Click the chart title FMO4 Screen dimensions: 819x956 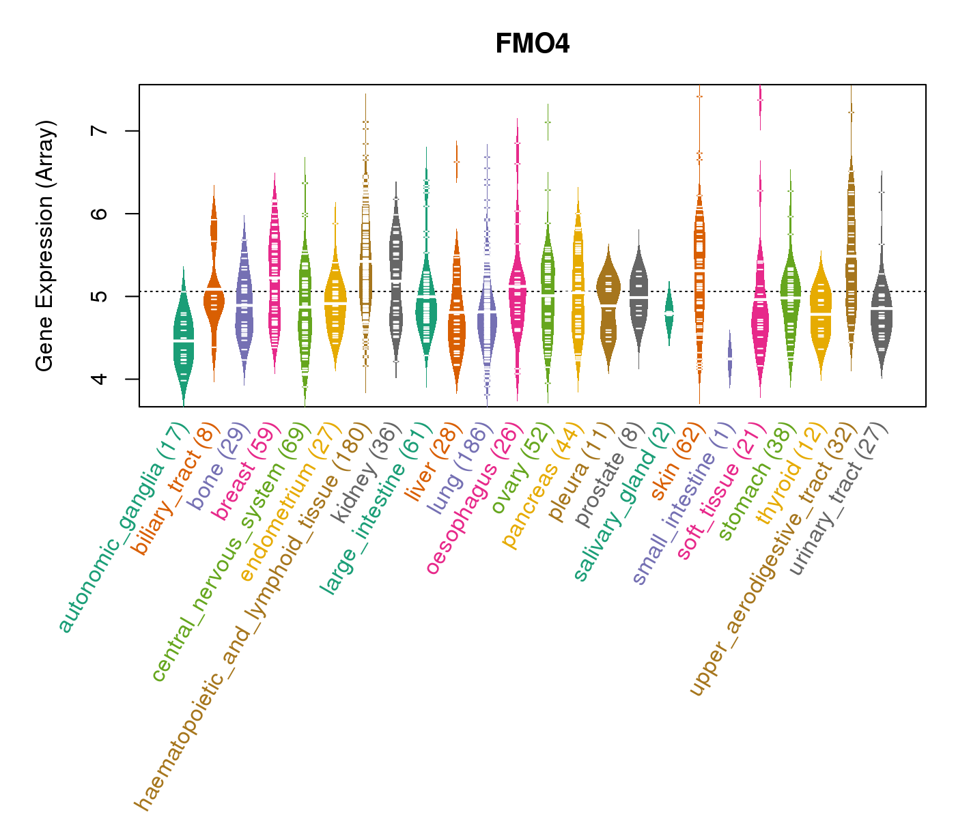532,44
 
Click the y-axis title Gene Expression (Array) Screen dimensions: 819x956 44,246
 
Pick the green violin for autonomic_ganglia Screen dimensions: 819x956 183,334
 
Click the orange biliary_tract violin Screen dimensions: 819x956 214,300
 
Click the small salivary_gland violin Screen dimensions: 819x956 669,313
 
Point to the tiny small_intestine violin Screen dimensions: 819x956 730,358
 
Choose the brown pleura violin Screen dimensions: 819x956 608,307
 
